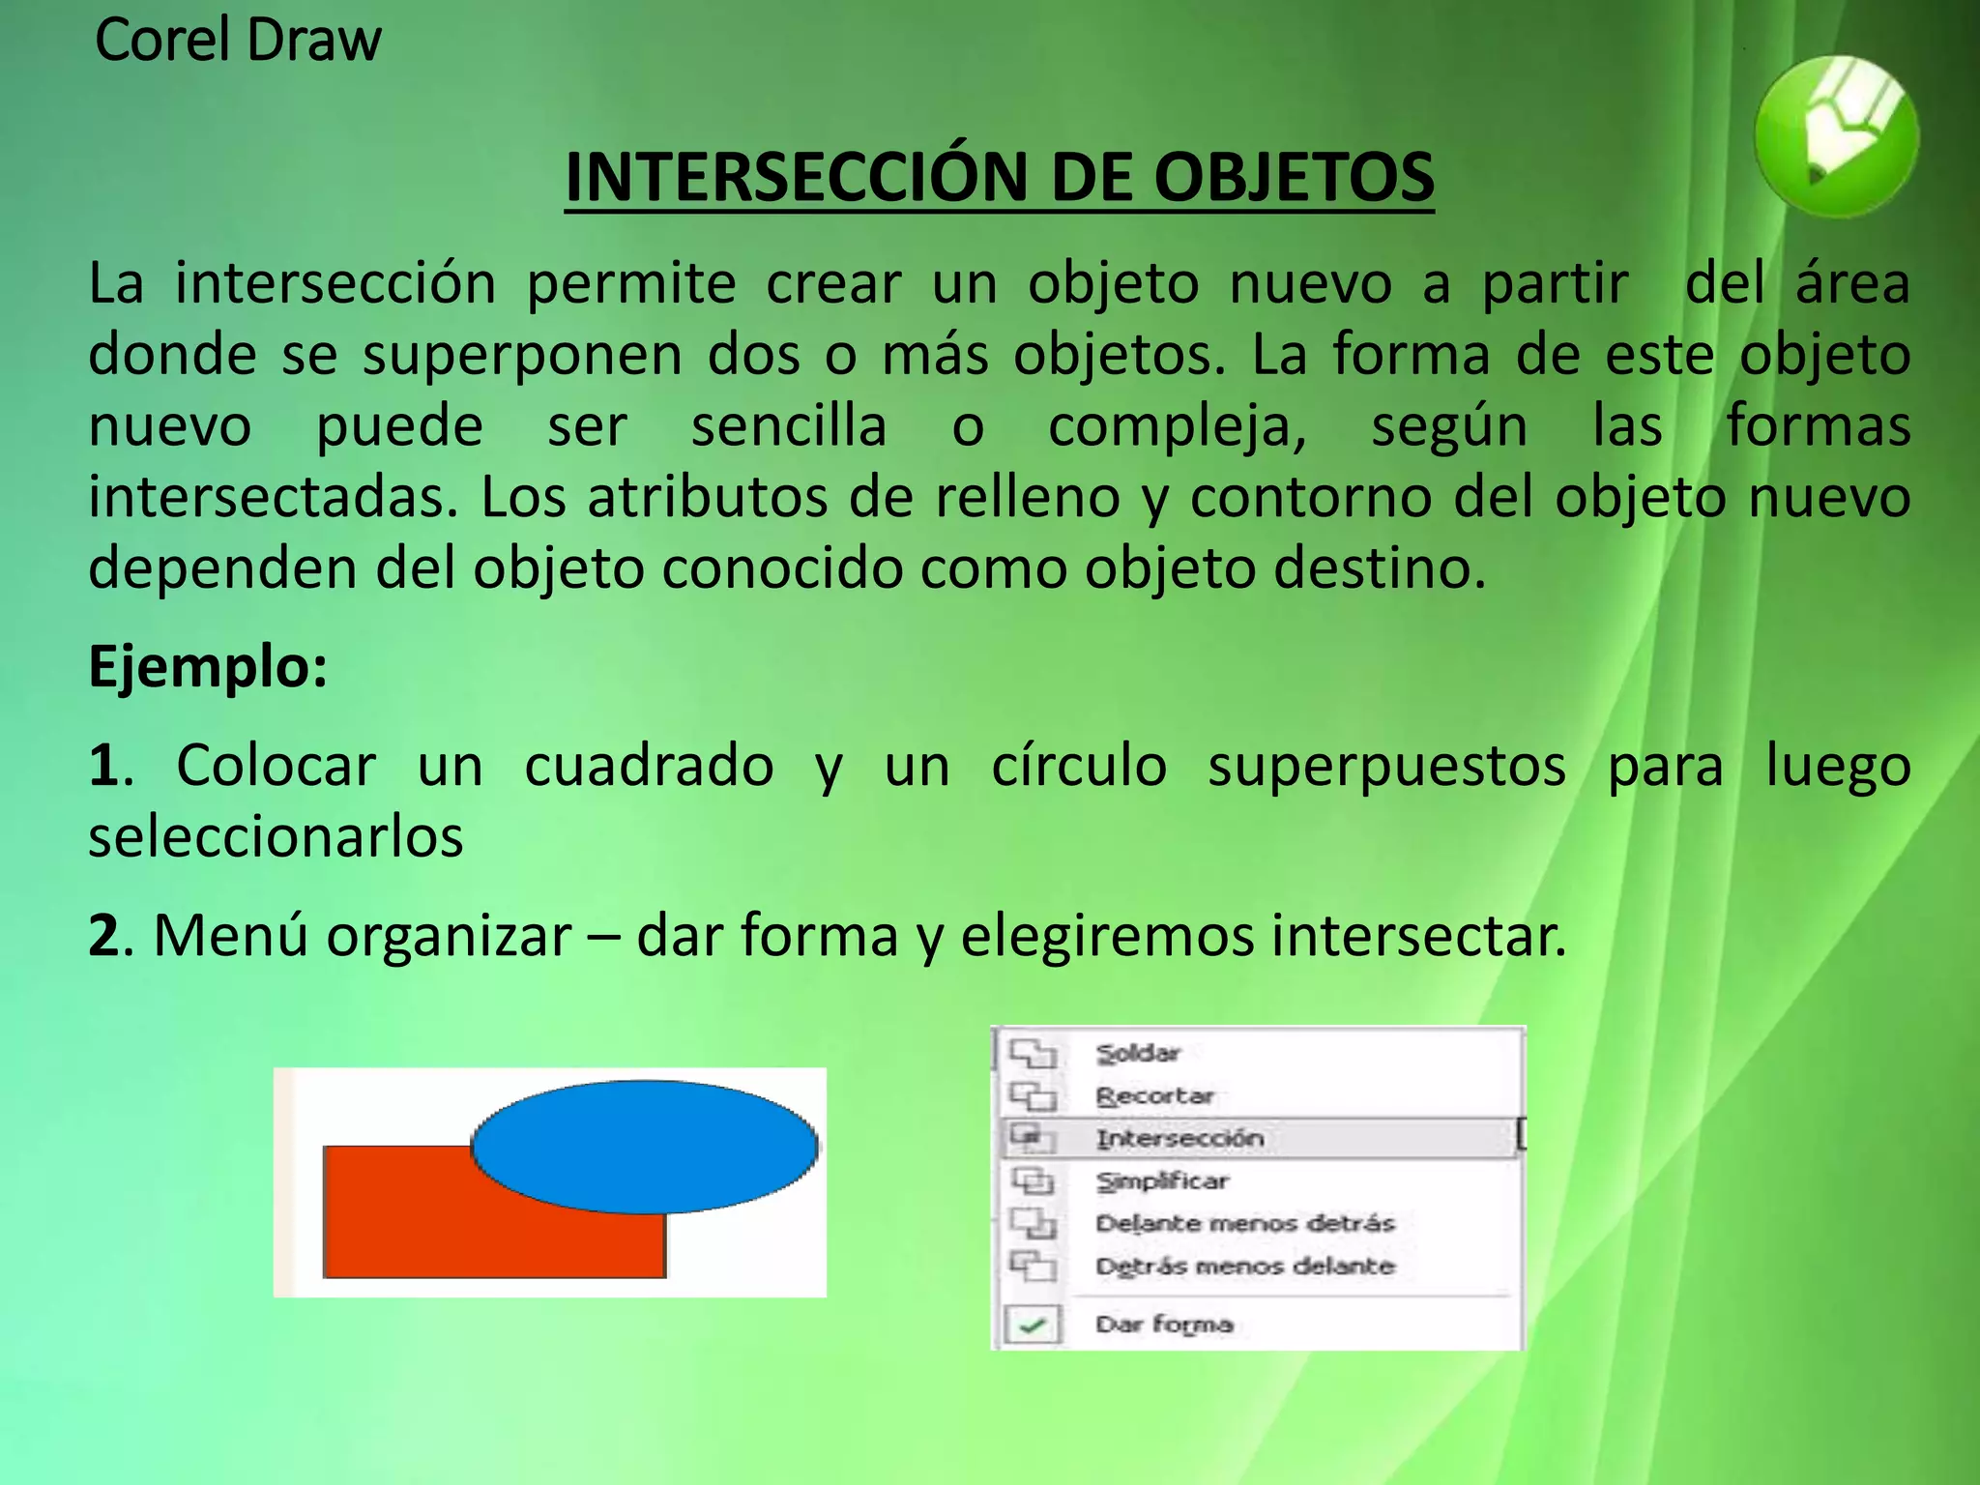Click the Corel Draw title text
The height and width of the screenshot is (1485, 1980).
tap(238, 41)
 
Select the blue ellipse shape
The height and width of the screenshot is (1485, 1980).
tap(645, 1146)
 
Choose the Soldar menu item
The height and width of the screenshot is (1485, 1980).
tap(1138, 1053)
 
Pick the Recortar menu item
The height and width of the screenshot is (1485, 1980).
tap(1154, 1095)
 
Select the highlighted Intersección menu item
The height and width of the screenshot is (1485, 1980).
tap(1179, 1138)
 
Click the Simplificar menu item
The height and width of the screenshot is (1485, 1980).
tap(1162, 1180)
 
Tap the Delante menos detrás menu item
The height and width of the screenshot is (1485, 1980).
tap(1245, 1223)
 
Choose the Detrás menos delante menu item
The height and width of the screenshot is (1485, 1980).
tap(1245, 1266)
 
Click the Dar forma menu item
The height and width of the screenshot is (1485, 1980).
tap(1164, 1324)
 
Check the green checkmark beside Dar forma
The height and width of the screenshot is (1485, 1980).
tap(1033, 1325)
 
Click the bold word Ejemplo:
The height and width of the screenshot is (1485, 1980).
tap(208, 666)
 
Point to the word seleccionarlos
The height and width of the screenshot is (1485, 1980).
tap(276, 836)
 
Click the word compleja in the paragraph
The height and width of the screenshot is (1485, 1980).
tap(1177, 426)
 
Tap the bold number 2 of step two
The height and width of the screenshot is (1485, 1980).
tap(104, 936)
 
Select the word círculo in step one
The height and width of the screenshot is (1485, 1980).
tap(1079, 766)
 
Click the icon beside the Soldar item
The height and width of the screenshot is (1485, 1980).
tap(1033, 1053)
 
